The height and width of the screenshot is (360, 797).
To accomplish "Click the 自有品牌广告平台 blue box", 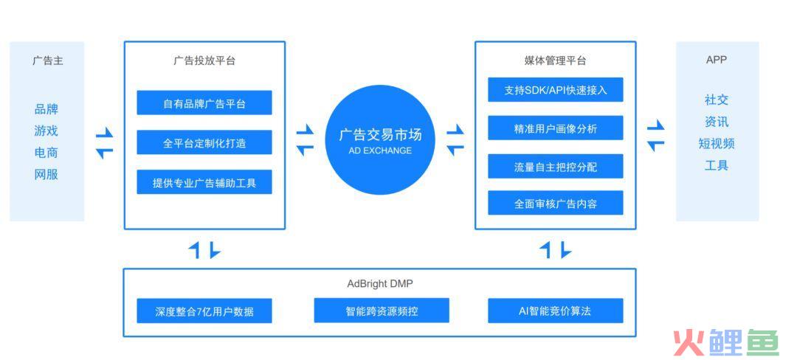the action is (x=204, y=103).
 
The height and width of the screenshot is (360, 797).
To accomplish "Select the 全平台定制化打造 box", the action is (x=204, y=142).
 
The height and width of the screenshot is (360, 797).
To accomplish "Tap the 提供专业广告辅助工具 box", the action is (x=204, y=182).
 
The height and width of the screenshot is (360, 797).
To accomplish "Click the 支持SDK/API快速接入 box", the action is (x=556, y=90).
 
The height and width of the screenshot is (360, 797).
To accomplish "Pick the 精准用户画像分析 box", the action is (x=556, y=128).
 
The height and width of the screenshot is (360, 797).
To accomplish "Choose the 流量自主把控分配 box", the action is (x=556, y=166).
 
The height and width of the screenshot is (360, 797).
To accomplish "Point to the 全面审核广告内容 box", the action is (x=556, y=203).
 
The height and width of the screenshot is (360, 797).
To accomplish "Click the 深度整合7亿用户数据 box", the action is (x=204, y=311).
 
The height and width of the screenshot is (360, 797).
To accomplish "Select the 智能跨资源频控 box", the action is (x=382, y=311).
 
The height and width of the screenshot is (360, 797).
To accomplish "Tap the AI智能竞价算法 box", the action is (x=556, y=311).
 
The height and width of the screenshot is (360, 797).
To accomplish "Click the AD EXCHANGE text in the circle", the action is (x=380, y=150).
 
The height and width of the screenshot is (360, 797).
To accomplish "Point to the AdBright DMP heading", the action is (x=380, y=284).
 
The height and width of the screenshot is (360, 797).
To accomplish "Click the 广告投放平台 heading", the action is (x=204, y=61).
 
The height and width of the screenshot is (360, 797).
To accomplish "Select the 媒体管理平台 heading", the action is (x=555, y=61).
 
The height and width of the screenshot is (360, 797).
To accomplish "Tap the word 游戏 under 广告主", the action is (x=46, y=131).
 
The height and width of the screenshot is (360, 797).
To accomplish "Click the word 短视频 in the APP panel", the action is (x=717, y=144).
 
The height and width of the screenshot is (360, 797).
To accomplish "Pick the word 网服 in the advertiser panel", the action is (x=46, y=175).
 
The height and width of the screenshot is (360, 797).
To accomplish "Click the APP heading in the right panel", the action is (x=717, y=60).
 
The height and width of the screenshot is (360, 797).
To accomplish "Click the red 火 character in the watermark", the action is (x=689, y=343).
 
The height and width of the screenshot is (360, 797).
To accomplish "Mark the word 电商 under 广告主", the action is (x=46, y=153).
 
